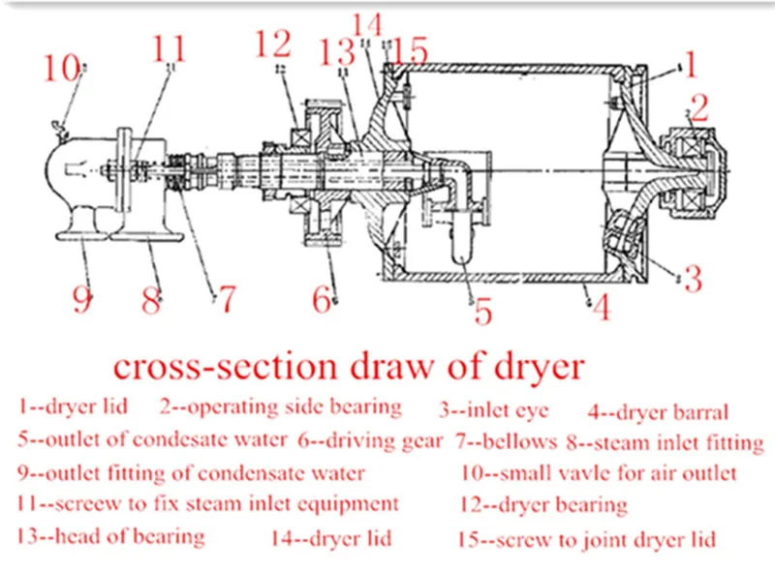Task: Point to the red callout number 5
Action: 482,311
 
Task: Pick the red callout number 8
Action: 150,298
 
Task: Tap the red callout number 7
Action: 225,297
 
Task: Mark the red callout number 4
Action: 602,308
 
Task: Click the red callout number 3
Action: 693,279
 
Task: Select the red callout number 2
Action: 699,106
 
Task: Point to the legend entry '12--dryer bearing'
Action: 542,504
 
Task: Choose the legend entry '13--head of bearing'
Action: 111,536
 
